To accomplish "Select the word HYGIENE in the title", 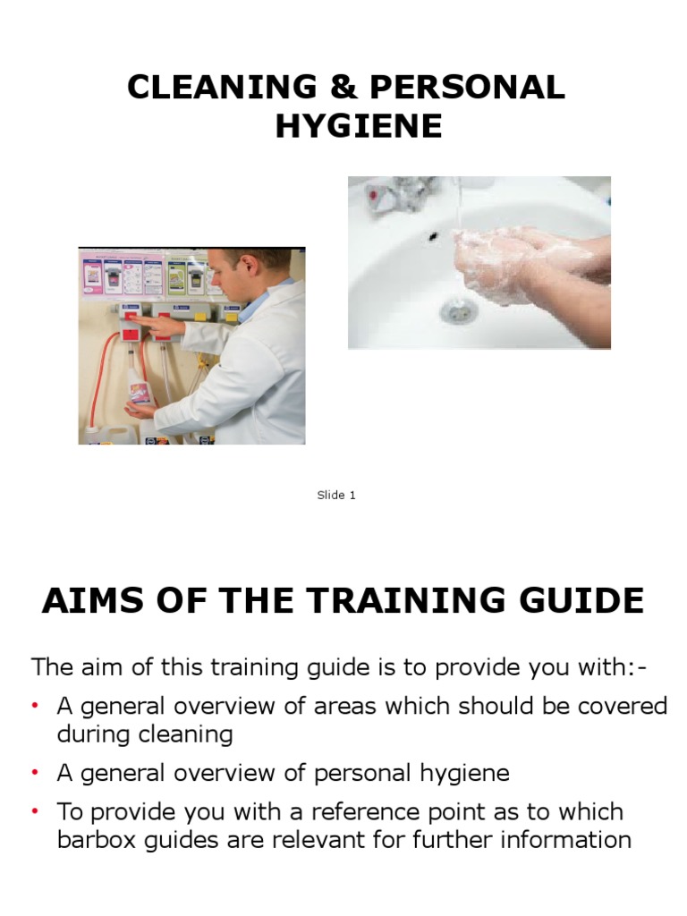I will pos(359,126).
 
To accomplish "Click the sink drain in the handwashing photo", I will pos(457,310).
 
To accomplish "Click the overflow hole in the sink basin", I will pos(434,236).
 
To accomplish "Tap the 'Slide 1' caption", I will pos(336,495).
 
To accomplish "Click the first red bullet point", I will pos(37,707).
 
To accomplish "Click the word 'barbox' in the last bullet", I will pos(95,840).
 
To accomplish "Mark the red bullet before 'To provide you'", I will pos(37,812).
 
